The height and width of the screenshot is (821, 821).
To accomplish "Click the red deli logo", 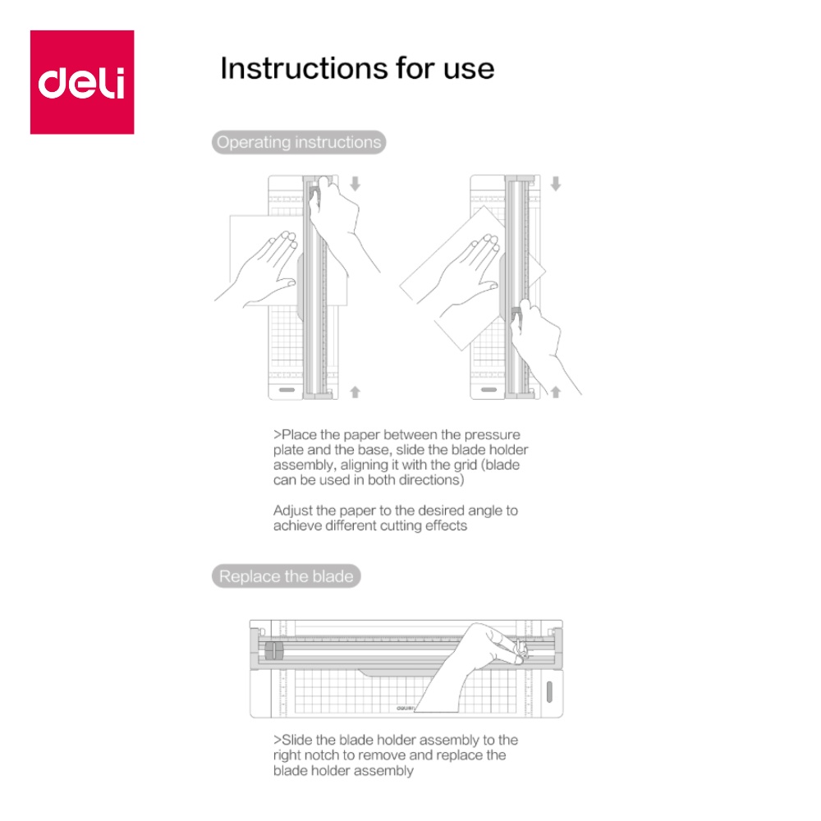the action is pyautogui.click(x=82, y=82).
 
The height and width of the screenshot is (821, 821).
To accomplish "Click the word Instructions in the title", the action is pyautogui.click(x=304, y=69).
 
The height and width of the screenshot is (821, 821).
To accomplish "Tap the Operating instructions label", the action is pyautogui.click(x=299, y=142).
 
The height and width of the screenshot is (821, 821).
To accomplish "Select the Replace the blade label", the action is pyautogui.click(x=287, y=576).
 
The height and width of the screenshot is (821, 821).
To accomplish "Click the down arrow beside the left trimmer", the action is pyautogui.click(x=355, y=183).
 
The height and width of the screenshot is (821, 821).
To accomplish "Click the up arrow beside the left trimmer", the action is pyautogui.click(x=355, y=392).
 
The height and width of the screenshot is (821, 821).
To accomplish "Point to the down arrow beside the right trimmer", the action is pyautogui.click(x=556, y=183).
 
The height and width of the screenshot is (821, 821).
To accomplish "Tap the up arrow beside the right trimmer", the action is pyautogui.click(x=556, y=392).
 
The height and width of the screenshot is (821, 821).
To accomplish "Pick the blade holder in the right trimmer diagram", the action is pyautogui.click(x=516, y=314).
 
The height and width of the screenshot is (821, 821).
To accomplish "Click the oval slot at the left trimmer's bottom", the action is pyautogui.click(x=287, y=389).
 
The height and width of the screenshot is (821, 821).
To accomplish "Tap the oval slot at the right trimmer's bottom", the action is pyautogui.click(x=488, y=389).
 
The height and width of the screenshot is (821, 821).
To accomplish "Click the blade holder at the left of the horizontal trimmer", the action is pyautogui.click(x=274, y=651).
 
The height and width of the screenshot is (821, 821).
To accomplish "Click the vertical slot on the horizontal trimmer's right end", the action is pyautogui.click(x=549, y=691).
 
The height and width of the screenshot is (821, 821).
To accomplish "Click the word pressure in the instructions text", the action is pyautogui.click(x=492, y=436).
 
